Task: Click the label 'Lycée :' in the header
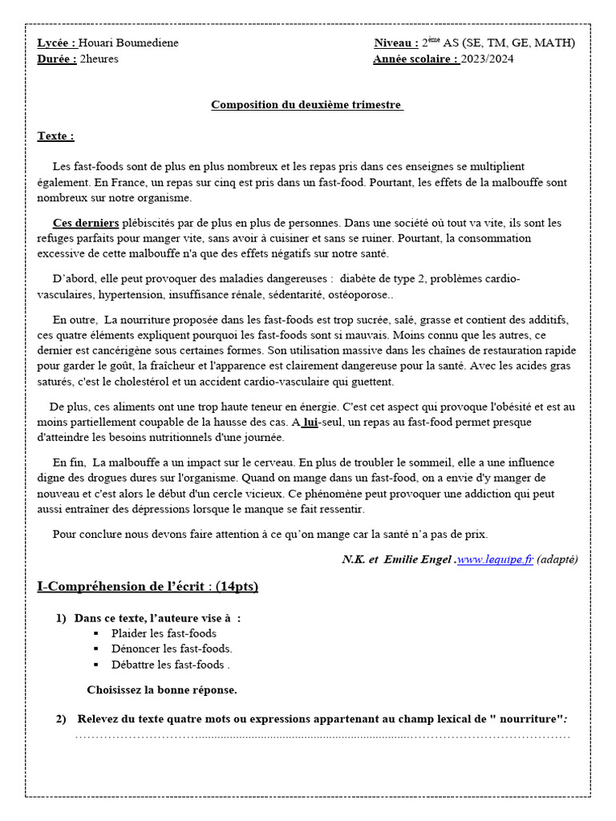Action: point(57,43)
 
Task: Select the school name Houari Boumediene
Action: point(128,43)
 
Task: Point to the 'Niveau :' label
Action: point(395,43)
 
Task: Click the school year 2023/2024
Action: point(488,59)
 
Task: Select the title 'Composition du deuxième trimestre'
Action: point(307,105)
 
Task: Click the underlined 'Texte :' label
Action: point(55,136)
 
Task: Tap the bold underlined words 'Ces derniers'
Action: point(86,223)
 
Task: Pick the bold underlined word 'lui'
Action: point(310,422)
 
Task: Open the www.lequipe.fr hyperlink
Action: point(496,560)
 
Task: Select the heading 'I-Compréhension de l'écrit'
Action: point(148,587)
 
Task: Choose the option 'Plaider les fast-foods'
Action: point(164,633)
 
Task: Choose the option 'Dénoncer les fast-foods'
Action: point(172,649)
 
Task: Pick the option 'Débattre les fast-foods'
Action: point(170,665)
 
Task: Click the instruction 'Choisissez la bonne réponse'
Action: point(161,690)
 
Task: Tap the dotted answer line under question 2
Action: point(321,734)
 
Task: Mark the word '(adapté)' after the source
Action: point(557,560)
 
